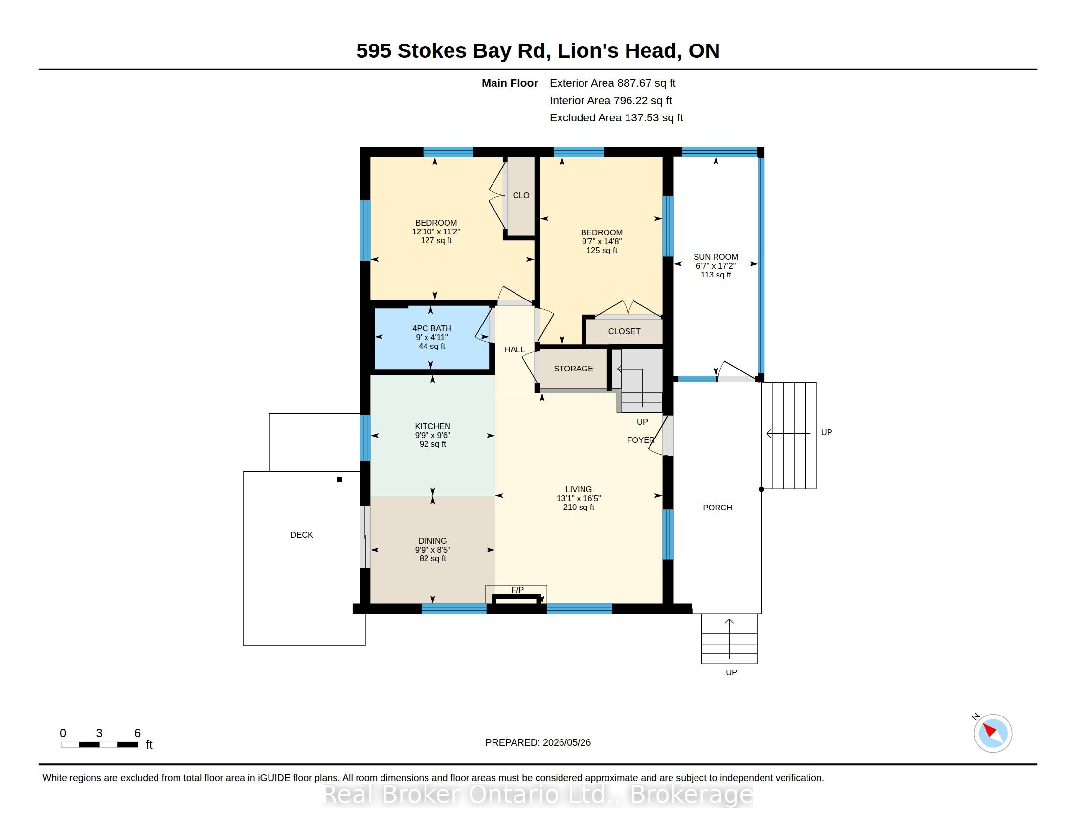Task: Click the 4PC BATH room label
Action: click(431, 328)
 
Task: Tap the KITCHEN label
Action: click(432, 426)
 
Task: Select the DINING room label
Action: click(432, 541)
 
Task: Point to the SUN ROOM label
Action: click(716, 257)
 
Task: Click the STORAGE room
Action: click(573, 369)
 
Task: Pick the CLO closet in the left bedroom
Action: click(521, 196)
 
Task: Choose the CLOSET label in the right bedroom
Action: click(624, 332)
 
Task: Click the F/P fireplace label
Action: click(517, 590)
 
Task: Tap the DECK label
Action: click(301, 535)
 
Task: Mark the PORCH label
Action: click(717, 508)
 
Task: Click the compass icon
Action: click(993, 733)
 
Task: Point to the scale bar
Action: click(99, 745)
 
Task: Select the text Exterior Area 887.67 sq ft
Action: click(612, 83)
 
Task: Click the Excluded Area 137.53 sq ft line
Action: click(616, 118)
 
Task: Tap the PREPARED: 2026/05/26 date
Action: click(538, 742)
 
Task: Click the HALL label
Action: click(515, 349)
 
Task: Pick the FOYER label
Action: click(641, 440)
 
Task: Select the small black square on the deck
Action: click(339, 480)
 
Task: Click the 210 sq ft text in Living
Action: click(579, 507)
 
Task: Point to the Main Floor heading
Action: click(510, 83)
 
